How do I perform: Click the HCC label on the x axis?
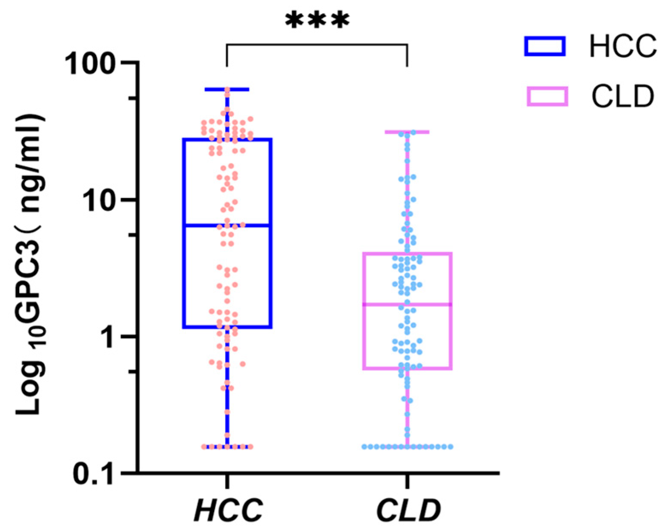(228, 510)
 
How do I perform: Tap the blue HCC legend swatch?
(545, 46)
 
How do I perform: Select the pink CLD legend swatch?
(547, 96)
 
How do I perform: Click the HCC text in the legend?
(623, 46)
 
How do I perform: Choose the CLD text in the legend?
(623, 96)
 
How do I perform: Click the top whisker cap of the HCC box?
(227, 89)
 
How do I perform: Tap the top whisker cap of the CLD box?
(407, 132)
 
